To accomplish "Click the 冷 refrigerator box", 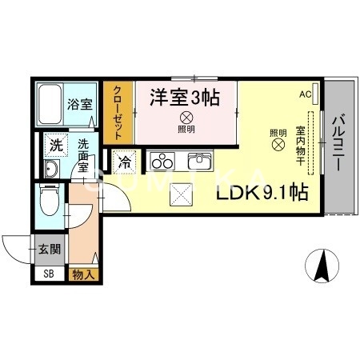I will pos(126,161).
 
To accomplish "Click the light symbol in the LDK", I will pos(278,146).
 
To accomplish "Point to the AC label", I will pos(305,94).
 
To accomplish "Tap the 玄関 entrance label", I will pos(49,249).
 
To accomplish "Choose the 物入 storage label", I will pos(82,274).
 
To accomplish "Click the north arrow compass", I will pos(324,265).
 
